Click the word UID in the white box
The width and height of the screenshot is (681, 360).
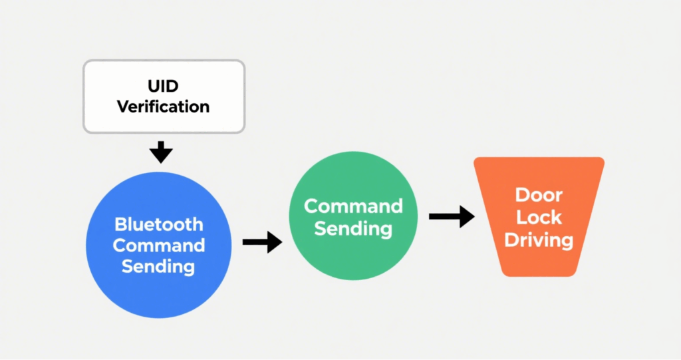[164, 86]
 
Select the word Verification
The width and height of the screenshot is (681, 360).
[164, 106]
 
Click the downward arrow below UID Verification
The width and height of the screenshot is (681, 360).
[161, 152]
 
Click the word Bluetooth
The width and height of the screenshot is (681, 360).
[158, 224]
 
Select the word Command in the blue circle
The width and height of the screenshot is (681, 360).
[158, 246]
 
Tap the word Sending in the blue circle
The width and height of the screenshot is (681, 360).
[158, 267]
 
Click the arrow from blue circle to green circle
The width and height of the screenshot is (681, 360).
[262, 242]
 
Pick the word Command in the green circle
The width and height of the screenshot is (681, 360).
[353, 206]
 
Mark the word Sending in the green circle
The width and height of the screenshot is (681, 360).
[353, 228]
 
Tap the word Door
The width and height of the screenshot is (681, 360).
[539, 195]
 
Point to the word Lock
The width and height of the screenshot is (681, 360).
[539, 217]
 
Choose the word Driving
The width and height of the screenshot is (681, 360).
[539, 240]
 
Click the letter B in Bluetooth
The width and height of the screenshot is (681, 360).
[120, 224]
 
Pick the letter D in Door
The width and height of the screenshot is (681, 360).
[522, 195]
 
